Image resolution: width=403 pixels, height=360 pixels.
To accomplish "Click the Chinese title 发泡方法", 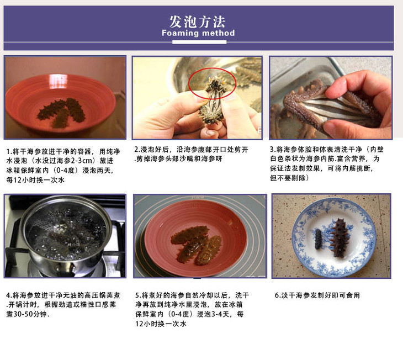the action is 198,22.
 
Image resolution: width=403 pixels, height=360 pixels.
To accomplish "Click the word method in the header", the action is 218,33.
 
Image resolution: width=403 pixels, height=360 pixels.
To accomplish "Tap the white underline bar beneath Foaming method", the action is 199,42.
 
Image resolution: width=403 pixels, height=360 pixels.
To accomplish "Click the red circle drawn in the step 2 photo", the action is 213,83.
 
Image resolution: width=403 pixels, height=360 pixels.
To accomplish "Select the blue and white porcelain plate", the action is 334,237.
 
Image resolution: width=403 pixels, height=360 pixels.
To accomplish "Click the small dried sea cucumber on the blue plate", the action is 319,240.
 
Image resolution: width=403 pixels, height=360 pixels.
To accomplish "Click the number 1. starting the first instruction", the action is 9,151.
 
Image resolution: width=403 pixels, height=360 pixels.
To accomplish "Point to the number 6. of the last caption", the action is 278,295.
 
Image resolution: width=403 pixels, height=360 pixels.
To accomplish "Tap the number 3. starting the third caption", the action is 273,150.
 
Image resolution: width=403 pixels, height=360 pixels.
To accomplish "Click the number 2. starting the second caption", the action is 137,150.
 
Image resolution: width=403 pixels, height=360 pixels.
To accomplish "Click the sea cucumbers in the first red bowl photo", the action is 62,113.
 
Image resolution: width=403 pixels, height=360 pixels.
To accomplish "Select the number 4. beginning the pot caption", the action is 9,295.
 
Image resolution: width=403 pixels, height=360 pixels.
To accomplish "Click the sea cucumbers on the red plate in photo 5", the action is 196,245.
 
